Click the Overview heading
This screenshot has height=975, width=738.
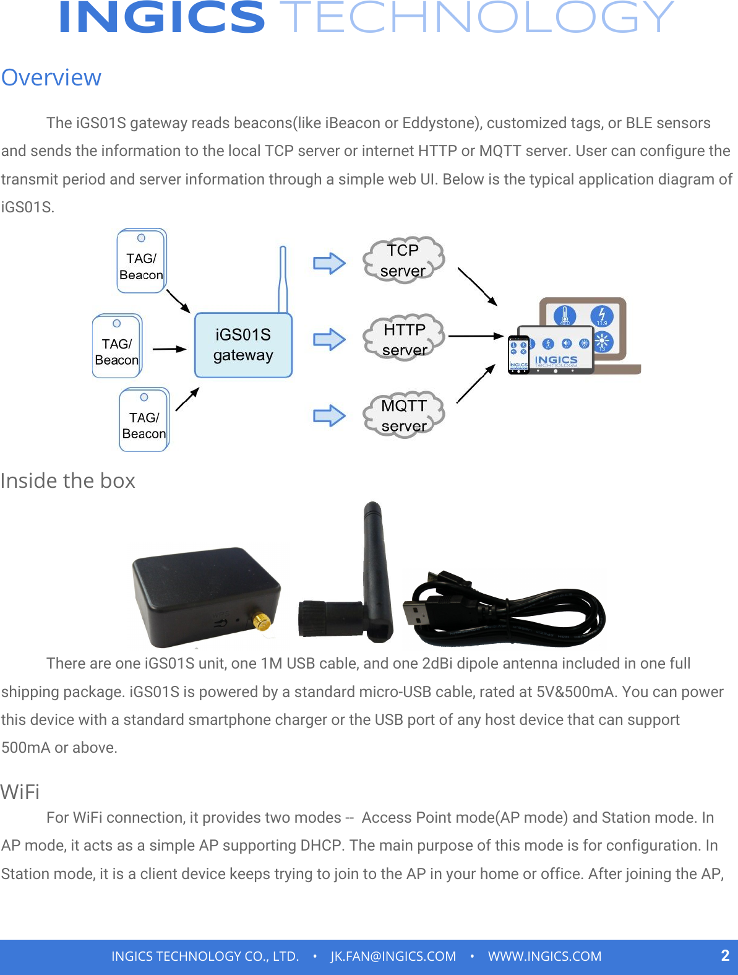(51, 78)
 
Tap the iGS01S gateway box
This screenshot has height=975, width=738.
(243, 345)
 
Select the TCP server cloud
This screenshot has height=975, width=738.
(403, 260)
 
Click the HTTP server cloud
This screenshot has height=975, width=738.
(405, 338)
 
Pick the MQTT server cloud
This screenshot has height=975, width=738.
(404, 415)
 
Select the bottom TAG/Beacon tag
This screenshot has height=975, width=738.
(144, 420)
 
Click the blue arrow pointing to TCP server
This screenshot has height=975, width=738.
(329, 263)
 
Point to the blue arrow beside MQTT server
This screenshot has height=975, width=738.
(329, 415)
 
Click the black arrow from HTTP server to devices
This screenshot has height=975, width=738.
(475, 336)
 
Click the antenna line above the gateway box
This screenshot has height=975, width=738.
(283, 279)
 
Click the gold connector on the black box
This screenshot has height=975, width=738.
(262, 622)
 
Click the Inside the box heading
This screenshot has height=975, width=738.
(68, 481)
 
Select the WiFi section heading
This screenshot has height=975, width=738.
(20, 792)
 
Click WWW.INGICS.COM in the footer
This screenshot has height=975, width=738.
(544, 956)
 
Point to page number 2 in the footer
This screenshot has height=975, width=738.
(725, 955)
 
